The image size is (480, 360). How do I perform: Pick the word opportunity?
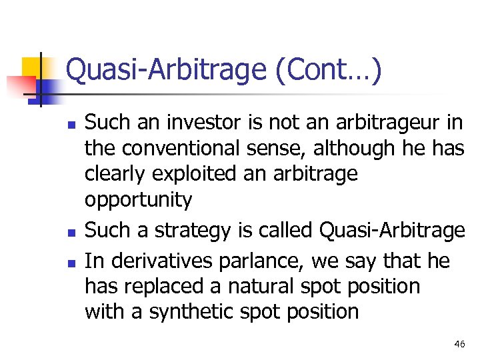(138, 199)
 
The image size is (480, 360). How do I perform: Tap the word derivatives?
(161, 261)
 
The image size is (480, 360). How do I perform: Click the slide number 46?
(459, 344)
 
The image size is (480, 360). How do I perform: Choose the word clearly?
(115, 174)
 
